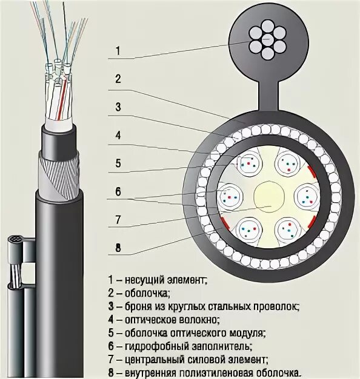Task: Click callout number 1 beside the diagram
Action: point(118,51)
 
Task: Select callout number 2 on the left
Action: point(118,79)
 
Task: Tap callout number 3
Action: point(118,107)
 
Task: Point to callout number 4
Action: point(118,136)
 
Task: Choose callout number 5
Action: point(118,163)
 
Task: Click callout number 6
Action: point(118,191)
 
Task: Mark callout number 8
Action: point(118,246)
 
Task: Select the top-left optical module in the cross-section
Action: point(247,163)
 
